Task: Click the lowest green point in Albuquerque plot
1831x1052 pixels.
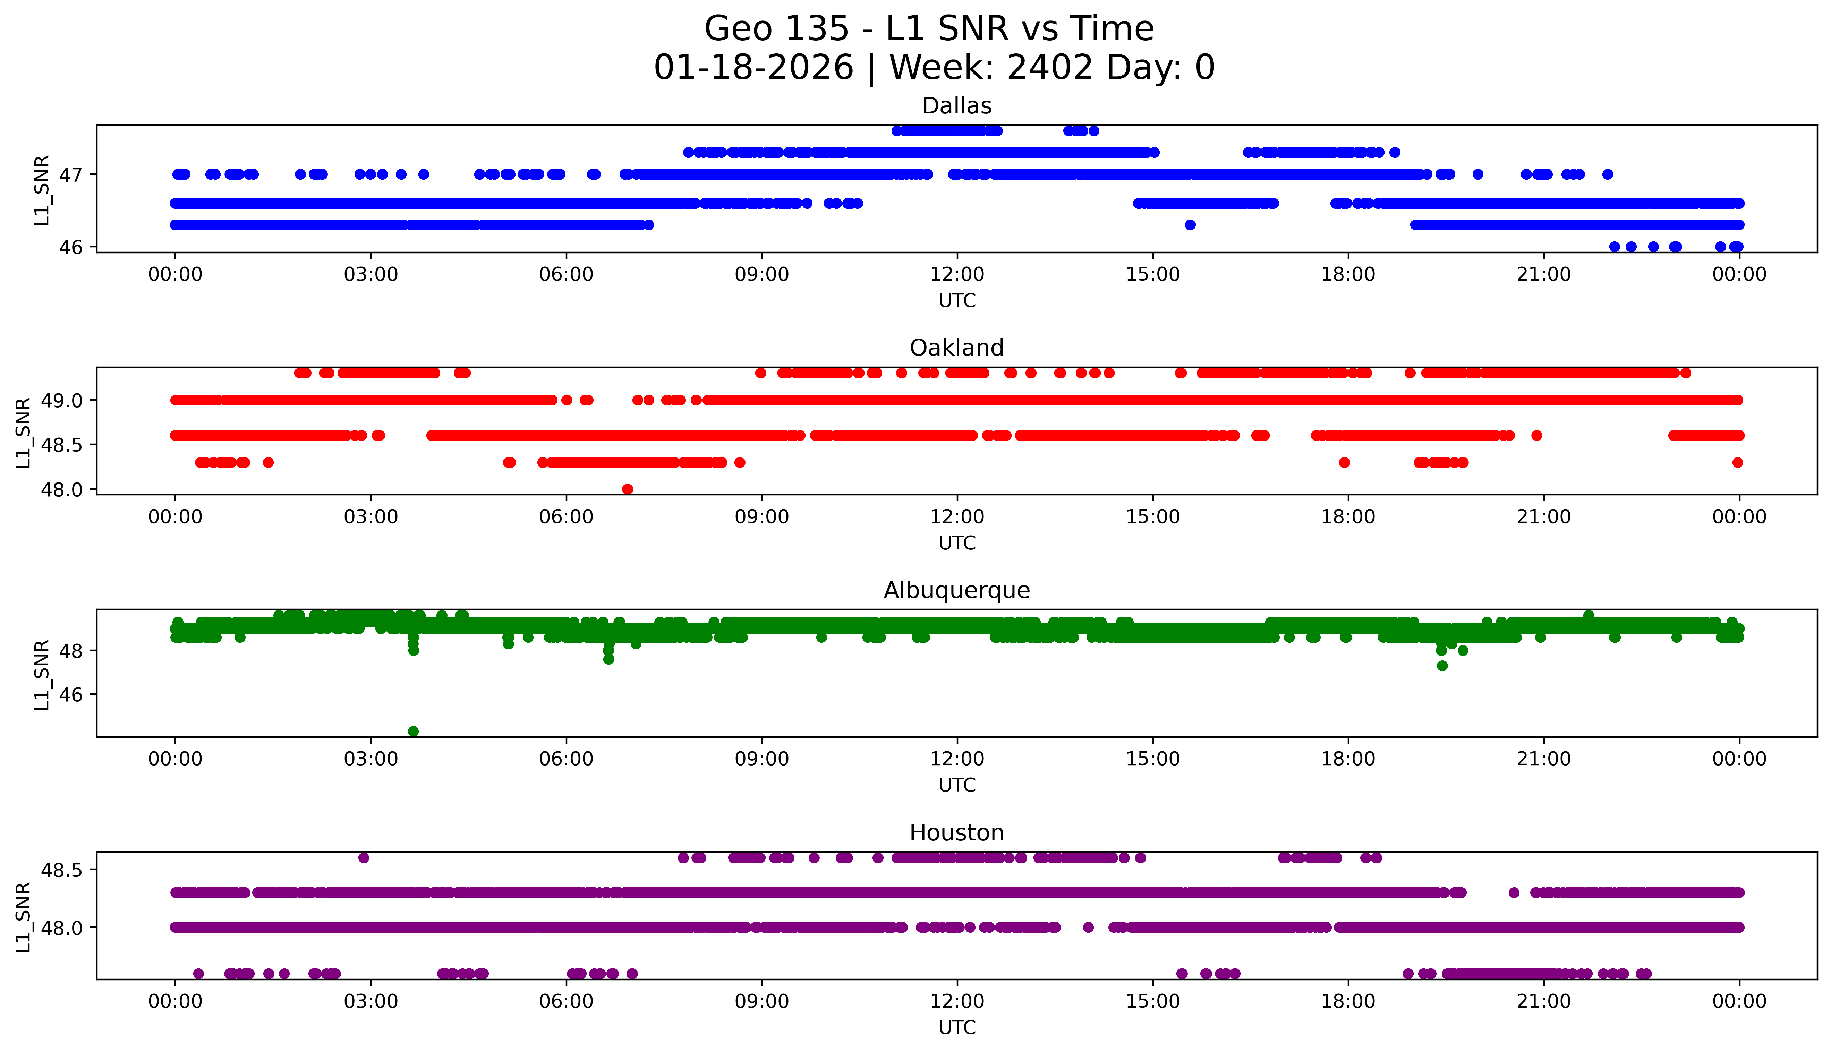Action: click(x=413, y=731)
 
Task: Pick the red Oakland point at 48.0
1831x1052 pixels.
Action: click(x=627, y=489)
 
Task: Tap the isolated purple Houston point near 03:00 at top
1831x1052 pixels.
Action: click(x=364, y=858)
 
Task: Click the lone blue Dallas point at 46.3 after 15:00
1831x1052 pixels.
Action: click(x=1190, y=225)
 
